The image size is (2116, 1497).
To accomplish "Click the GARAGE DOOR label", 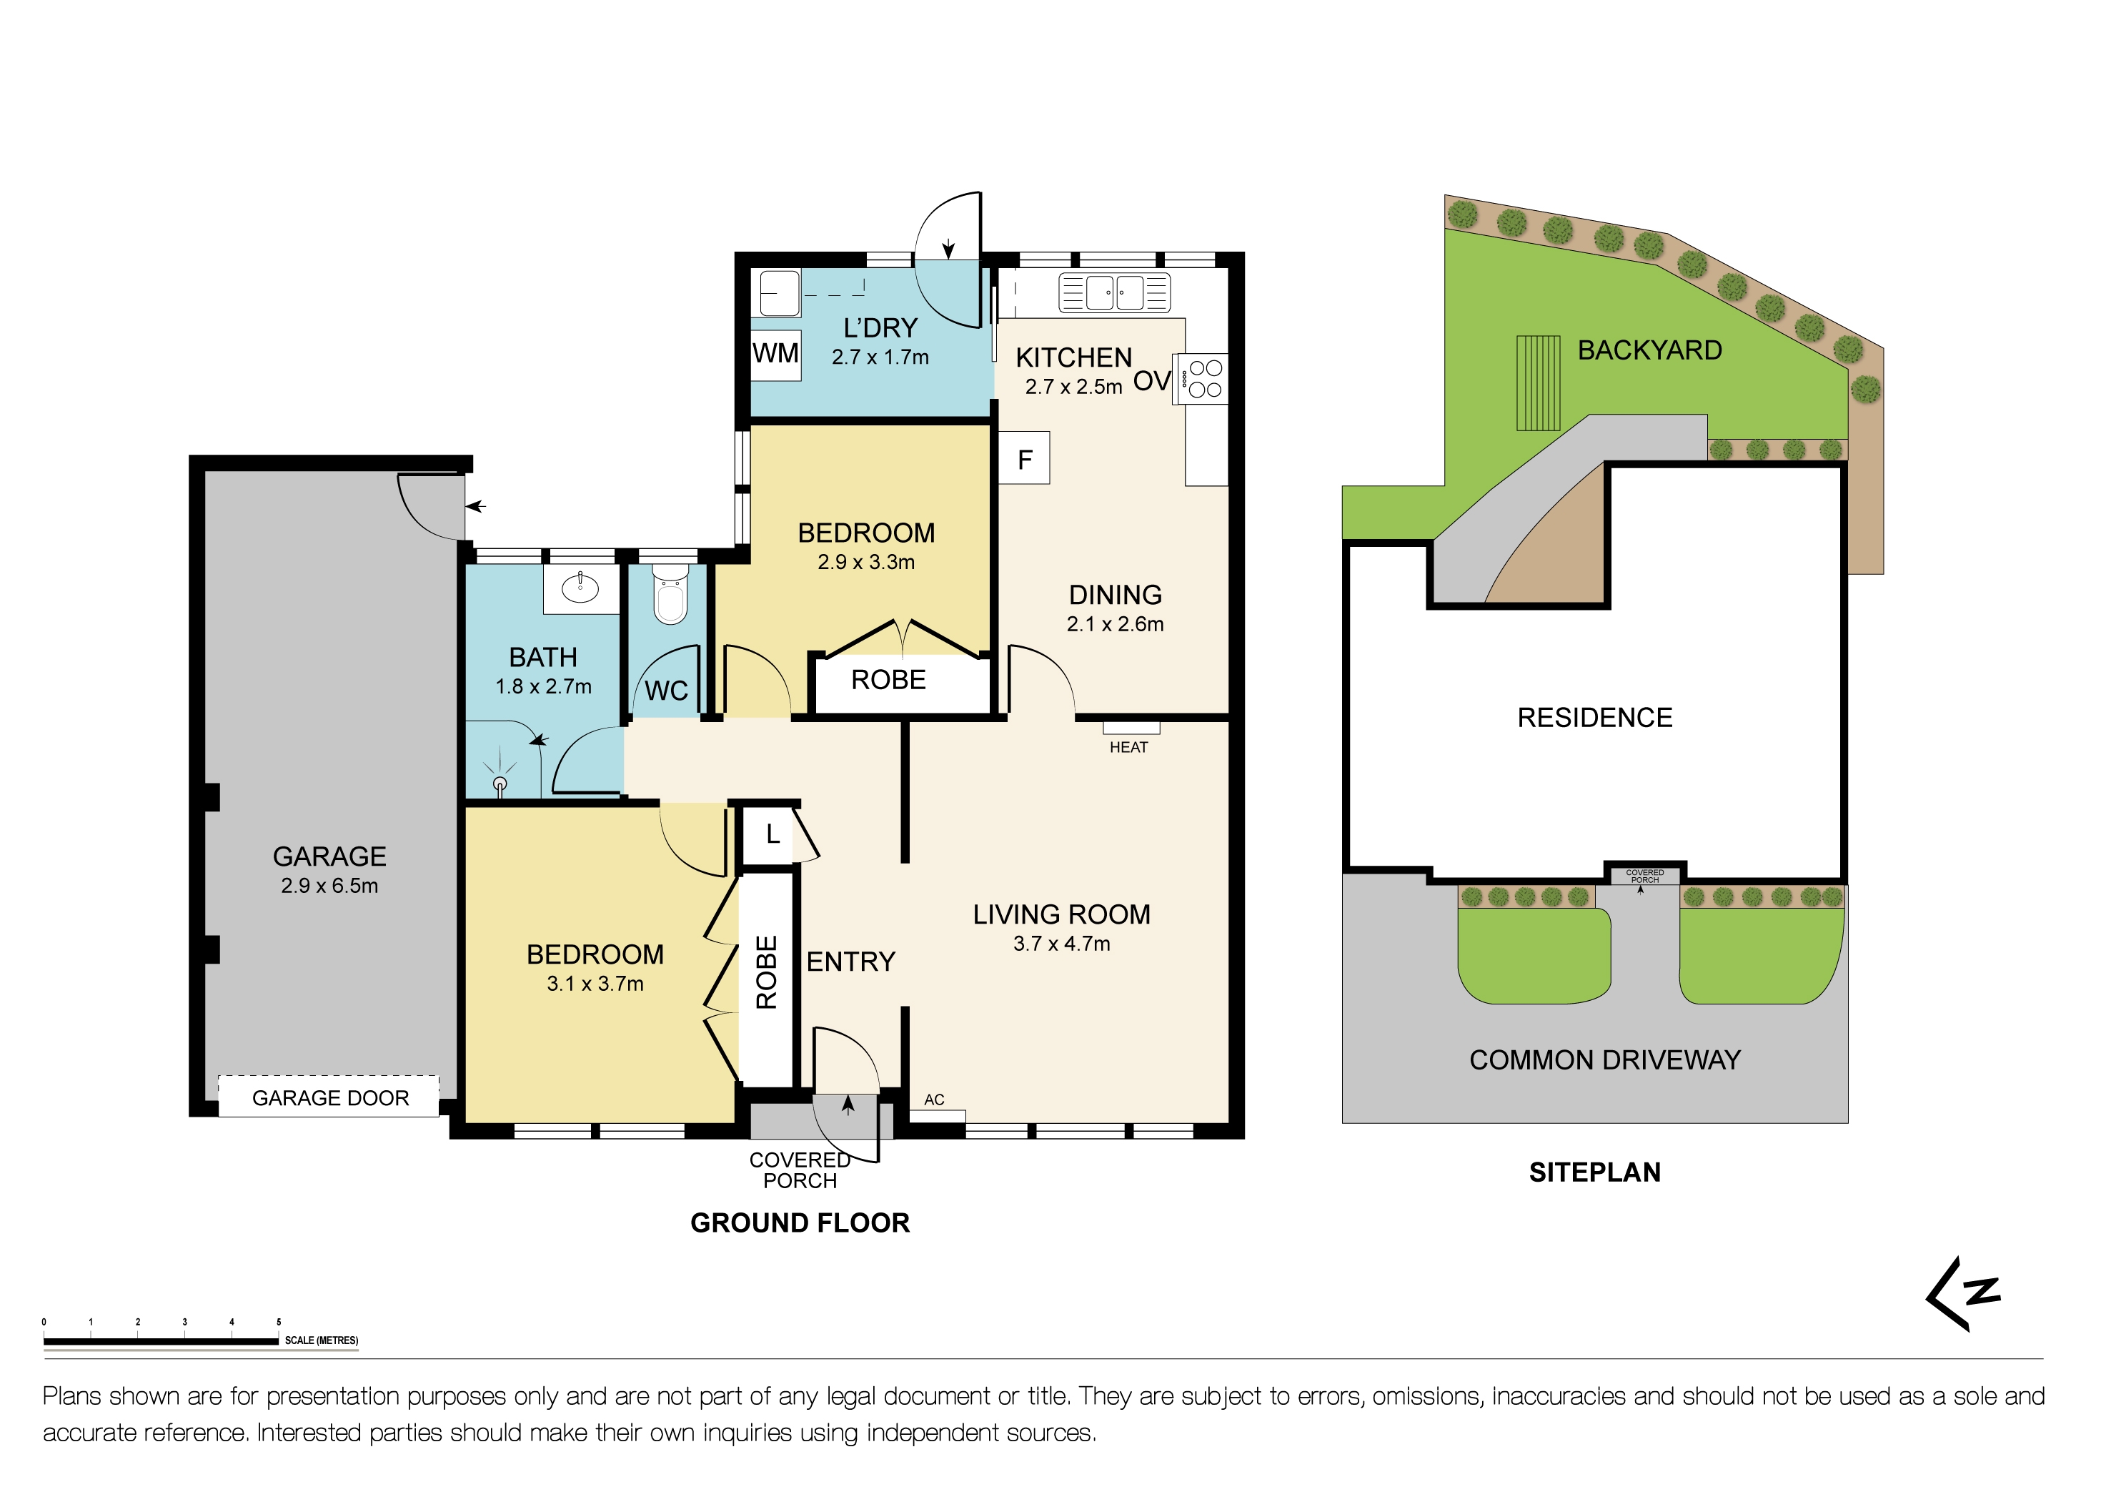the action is (331, 1098).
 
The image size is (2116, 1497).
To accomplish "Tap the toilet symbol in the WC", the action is (670, 595).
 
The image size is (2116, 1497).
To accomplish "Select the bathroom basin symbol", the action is (580, 587).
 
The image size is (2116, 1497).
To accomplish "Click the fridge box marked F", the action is (1025, 458).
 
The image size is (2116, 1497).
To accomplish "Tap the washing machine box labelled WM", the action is (776, 354).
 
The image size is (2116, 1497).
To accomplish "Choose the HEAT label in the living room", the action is (1129, 748).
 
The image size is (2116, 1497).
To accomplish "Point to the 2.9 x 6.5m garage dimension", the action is (330, 886).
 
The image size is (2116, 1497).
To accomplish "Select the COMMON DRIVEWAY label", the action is (1606, 1060).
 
